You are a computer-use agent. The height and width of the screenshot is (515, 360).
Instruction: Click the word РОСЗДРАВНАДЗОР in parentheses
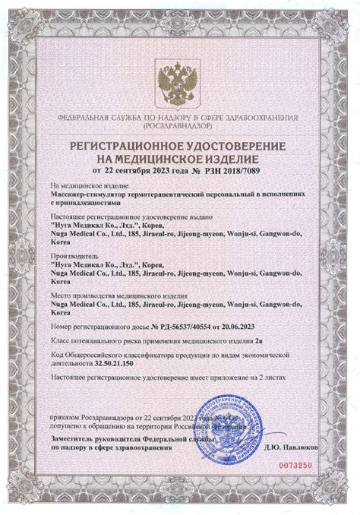pyautogui.click(x=179, y=127)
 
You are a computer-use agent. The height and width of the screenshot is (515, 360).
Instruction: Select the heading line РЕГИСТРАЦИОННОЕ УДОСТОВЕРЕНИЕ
pyautogui.click(x=179, y=144)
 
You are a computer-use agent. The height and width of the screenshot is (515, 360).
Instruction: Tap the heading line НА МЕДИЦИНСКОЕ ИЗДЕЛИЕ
pyautogui.click(x=179, y=158)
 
